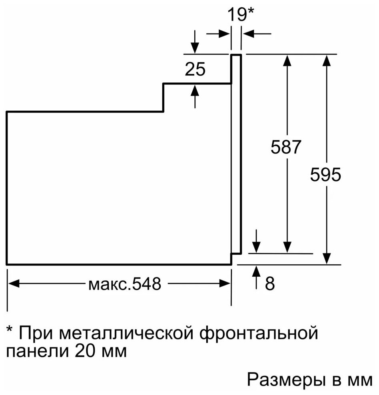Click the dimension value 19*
241,15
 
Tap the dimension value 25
195,70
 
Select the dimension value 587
285,148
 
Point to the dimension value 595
326,175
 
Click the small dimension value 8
270,283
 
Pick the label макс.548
124,284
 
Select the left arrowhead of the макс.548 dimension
13,284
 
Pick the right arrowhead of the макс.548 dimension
226,284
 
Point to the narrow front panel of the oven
236,154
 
